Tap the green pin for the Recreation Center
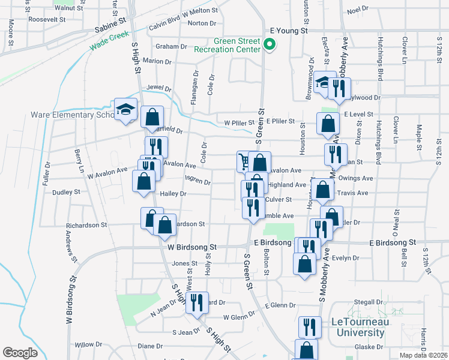tap(270, 44)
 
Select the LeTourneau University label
tap(358, 327)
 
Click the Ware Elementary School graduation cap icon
tap(126, 109)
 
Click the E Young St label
tap(288, 29)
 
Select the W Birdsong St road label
tap(191, 247)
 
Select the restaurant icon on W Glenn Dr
tap(196, 303)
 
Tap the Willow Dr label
tap(84, 344)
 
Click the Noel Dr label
tap(357, 10)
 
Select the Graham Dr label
tap(171, 46)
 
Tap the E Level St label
tap(358, 113)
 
